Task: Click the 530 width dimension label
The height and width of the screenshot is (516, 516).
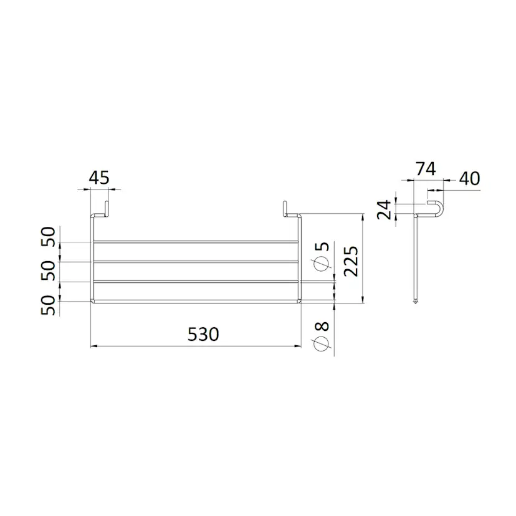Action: [x=203, y=335]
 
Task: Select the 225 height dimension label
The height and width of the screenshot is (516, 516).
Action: [x=351, y=260]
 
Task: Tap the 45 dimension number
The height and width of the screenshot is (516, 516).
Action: [x=98, y=178]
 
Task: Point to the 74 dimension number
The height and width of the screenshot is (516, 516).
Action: [x=426, y=169]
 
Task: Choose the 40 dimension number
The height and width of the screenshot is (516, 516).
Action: [x=470, y=179]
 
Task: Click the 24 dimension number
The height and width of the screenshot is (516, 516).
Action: [x=384, y=209]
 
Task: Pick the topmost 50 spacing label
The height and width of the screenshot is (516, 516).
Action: [x=49, y=237]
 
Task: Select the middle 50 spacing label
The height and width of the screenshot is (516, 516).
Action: [x=49, y=270]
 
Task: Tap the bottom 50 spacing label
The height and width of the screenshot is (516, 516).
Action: [x=49, y=305]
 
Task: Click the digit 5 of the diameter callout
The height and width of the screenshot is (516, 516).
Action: [x=323, y=246]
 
